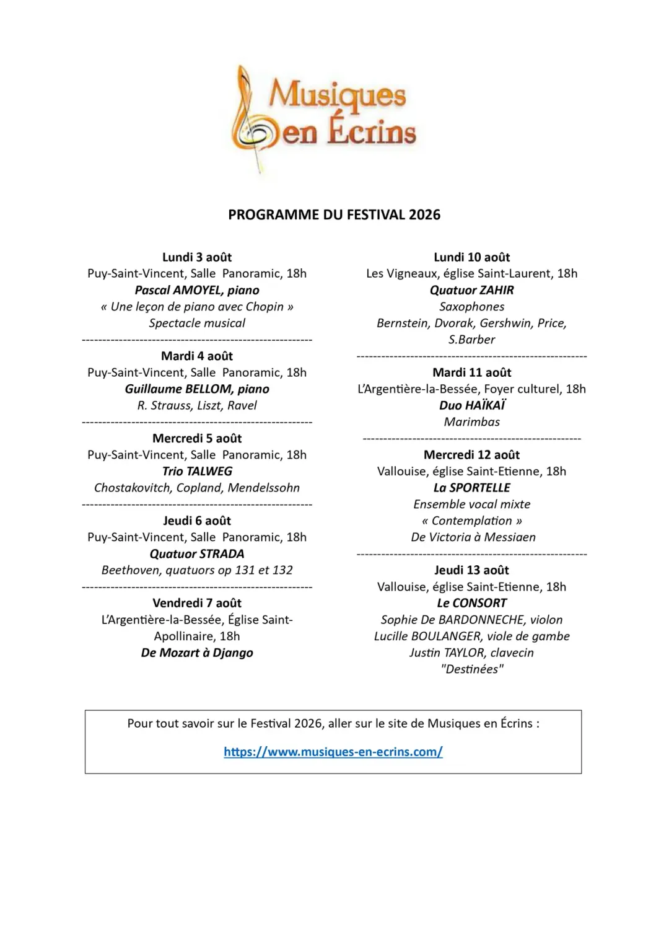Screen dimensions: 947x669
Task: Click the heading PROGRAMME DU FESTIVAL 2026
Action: pyautogui.click(x=334, y=214)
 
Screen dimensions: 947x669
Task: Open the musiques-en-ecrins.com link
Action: pyautogui.click(x=333, y=752)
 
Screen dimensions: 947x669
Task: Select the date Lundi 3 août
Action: pyautogui.click(x=197, y=257)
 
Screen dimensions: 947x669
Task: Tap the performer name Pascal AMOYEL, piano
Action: pyautogui.click(x=197, y=290)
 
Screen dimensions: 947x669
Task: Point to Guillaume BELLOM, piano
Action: pyautogui.click(x=197, y=389)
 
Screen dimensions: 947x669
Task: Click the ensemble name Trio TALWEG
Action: pyautogui.click(x=197, y=472)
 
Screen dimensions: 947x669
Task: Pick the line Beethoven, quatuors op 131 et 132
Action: pyautogui.click(x=197, y=570)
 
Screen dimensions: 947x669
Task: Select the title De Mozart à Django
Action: pyautogui.click(x=197, y=653)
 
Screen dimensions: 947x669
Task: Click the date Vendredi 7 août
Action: pyautogui.click(x=197, y=603)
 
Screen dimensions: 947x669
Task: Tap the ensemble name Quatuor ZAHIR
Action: pyautogui.click(x=472, y=290)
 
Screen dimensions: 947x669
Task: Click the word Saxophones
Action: pyautogui.click(x=472, y=307)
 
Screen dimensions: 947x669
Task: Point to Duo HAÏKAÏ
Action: pyautogui.click(x=472, y=405)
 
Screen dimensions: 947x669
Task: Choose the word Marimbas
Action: pyautogui.click(x=472, y=422)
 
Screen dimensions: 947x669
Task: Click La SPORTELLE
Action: pyautogui.click(x=472, y=488)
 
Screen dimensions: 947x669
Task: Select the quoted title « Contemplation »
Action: pyautogui.click(x=472, y=521)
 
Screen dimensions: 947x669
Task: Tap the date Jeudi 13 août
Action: pyautogui.click(x=472, y=570)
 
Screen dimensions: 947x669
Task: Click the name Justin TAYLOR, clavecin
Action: pyautogui.click(x=472, y=653)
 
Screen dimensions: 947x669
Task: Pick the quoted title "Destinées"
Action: pyautogui.click(x=472, y=669)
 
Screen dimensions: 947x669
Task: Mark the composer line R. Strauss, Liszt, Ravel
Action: pyautogui.click(x=197, y=405)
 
